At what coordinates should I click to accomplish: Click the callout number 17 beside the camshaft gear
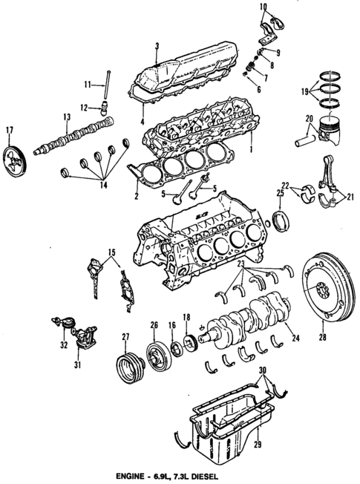10,132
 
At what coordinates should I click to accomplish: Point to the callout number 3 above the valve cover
157,46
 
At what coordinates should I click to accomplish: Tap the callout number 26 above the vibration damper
154,324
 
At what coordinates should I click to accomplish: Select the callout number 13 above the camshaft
67,117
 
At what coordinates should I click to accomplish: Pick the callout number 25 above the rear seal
280,194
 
